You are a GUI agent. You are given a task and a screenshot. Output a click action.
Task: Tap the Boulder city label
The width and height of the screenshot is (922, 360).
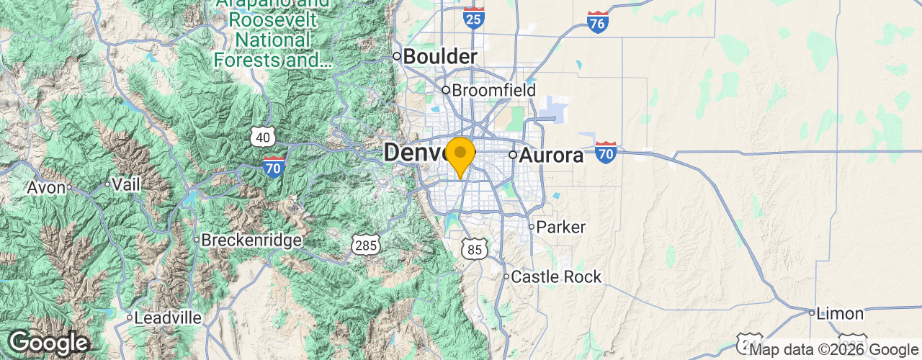pyautogui.click(x=439, y=56)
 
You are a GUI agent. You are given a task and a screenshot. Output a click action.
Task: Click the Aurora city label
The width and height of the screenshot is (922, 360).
pyautogui.click(x=551, y=155)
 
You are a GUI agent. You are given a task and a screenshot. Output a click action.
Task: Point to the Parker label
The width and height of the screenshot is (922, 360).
pyautogui.click(x=562, y=227)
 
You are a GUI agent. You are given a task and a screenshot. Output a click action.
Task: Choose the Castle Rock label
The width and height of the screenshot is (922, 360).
pyautogui.click(x=555, y=276)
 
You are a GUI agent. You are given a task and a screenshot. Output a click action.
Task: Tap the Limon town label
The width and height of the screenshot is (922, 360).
pyautogui.click(x=840, y=313)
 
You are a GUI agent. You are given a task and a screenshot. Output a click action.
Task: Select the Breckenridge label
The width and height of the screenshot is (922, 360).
pyautogui.click(x=251, y=240)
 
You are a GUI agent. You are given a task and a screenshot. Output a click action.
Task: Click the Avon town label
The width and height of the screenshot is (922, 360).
pyautogui.click(x=46, y=188)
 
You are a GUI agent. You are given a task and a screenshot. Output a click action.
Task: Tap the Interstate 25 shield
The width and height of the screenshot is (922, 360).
pyautogui.click(x=474, y=18)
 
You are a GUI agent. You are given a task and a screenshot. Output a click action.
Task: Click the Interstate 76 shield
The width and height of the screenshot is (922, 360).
pyautogui.click(x=598, y=22)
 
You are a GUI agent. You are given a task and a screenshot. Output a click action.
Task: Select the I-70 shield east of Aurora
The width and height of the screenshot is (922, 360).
pyautogui.click(x=606, y=152)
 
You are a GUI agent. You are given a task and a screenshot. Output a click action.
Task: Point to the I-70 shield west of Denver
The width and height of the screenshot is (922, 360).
pyautogui.click(x=274, y=166)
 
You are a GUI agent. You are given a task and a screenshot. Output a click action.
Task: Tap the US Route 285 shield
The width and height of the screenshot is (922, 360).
pyautogui.click(x=366, y=246)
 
